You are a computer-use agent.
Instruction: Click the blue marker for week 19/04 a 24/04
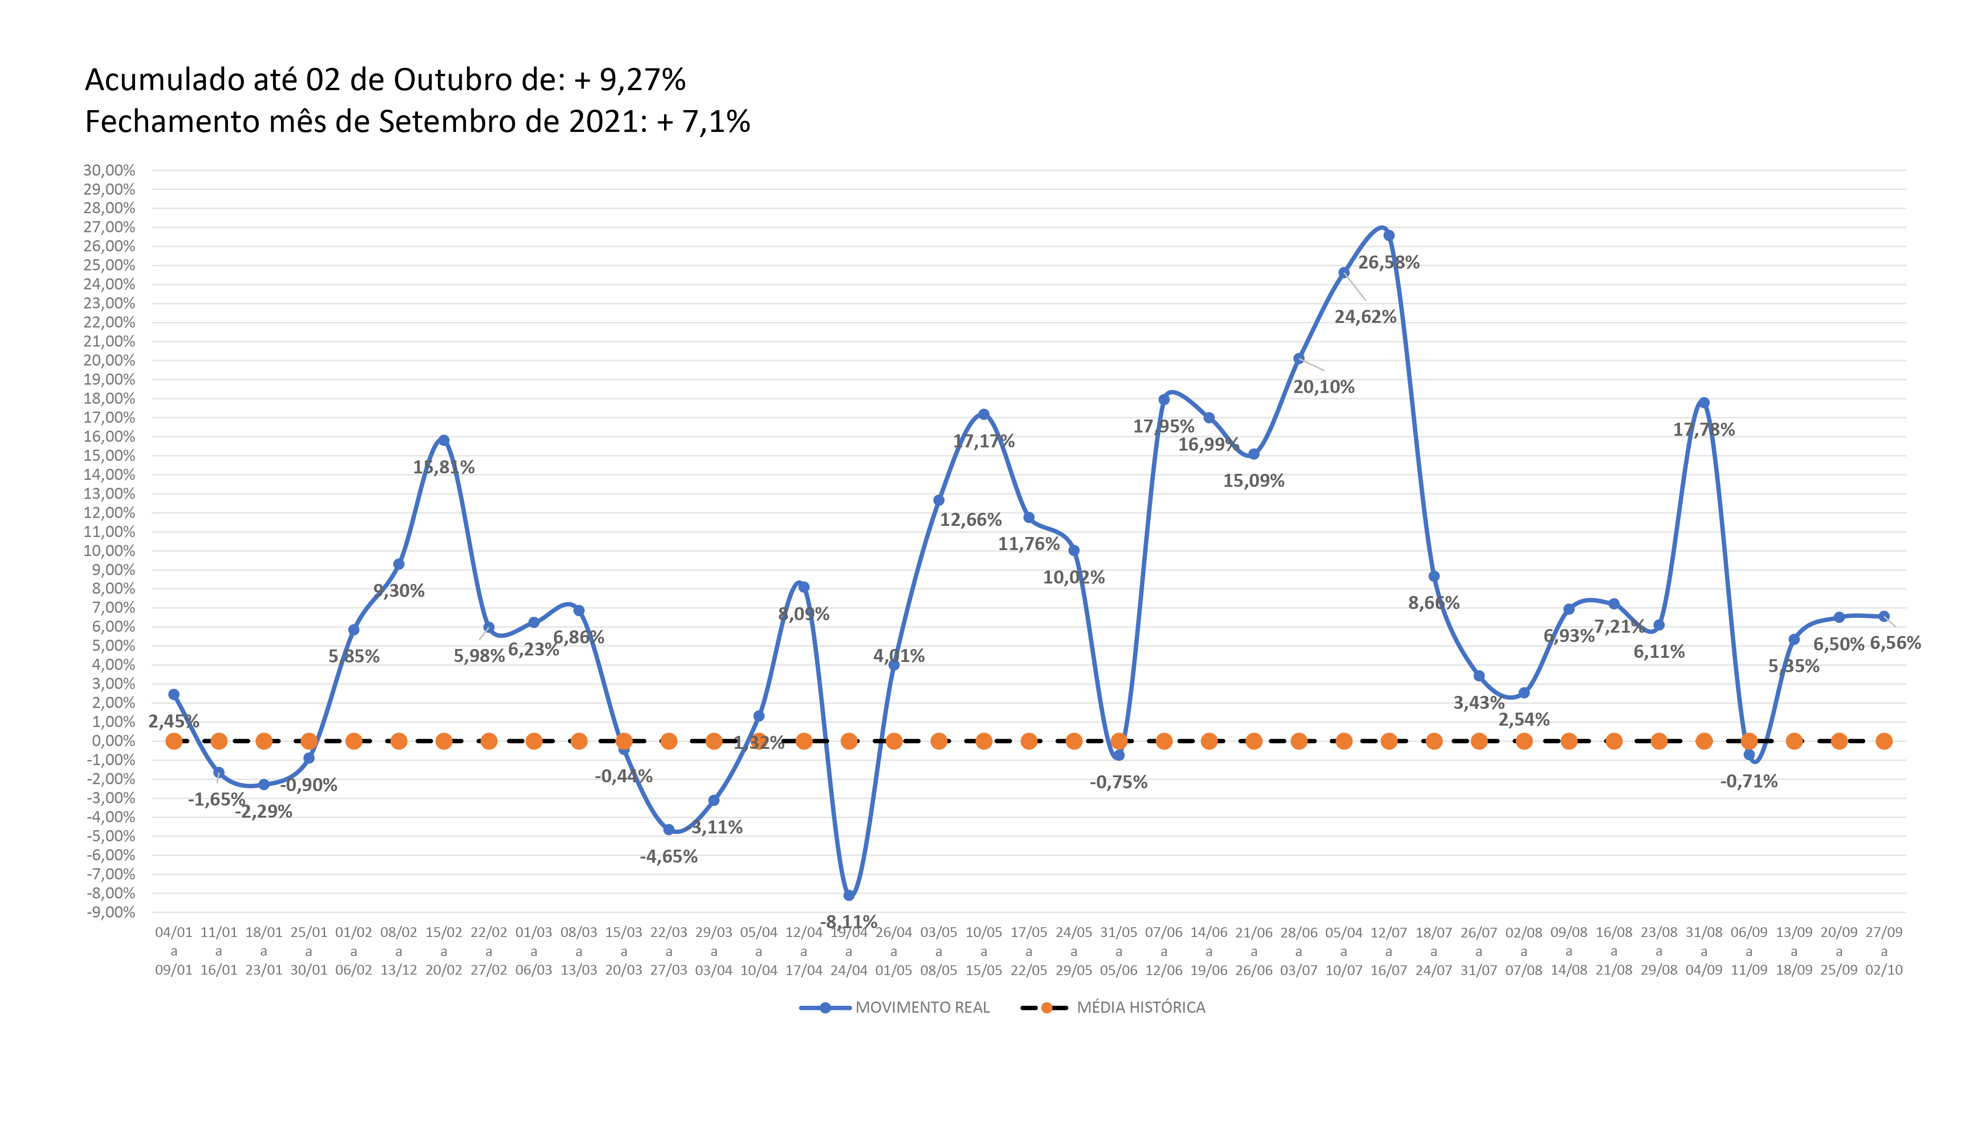[x=849, y=895]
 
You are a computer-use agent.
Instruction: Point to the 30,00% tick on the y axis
[x=109, y=170]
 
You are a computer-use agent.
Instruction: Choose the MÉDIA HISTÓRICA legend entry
[x=1114, y=1007]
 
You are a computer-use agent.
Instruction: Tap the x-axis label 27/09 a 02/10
[x=1883, y=951]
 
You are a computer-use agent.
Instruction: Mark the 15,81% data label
[x=443, y=467]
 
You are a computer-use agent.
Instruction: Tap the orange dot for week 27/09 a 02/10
[x=1884, y=741]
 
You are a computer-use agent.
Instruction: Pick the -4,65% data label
[x=669, y=856]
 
